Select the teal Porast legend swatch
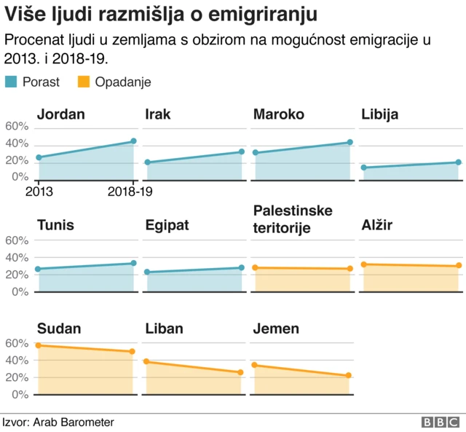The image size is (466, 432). click(x=12, y=82)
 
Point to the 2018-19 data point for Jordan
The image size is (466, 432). click(x=133, y=141)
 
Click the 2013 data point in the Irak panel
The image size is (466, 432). click(x=147, y=162)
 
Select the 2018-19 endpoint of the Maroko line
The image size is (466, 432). click(x=349, y=143)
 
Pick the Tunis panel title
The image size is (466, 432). click(x=55, y=225)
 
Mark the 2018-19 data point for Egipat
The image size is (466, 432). click(x=241, y=268)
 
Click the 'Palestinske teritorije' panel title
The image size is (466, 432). click(x=293, y=219)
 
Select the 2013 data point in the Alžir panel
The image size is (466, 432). click(x=363, y=264)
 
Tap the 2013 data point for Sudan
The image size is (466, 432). click(x=39, y=345)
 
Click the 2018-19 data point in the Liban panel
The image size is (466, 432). click(x=241, y=372)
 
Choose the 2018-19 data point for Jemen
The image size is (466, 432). click(x=349, y=376)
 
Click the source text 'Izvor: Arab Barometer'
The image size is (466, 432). click(x=58, y=422)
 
